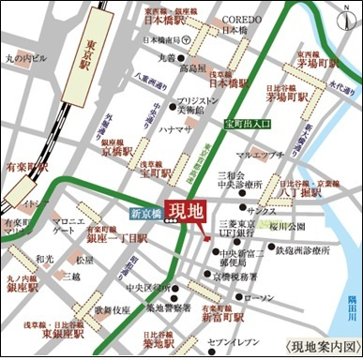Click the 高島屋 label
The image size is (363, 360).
[x=193, y=68]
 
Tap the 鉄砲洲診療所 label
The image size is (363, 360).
[x=300, y=250]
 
